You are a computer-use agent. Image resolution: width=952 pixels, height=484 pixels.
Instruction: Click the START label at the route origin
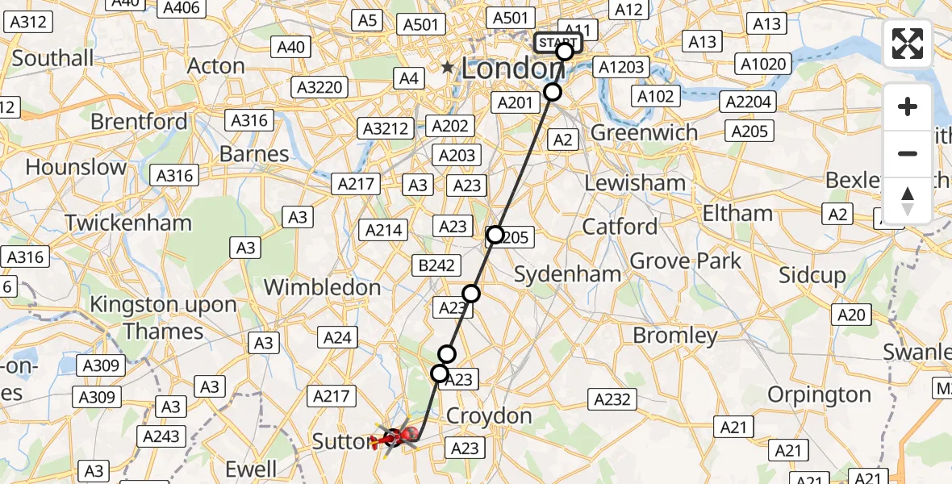(557, 43)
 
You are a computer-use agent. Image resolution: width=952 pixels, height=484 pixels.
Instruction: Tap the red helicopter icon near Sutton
(395, 439)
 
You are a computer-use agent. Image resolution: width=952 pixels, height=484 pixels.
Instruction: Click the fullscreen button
(908, 44)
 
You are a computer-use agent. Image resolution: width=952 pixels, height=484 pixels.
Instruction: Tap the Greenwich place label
(645, 132)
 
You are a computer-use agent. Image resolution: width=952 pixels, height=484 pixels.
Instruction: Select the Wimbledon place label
(322, 287)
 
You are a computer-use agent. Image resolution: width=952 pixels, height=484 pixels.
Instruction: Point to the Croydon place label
(489, 416)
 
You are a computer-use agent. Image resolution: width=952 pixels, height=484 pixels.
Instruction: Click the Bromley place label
(675, 335)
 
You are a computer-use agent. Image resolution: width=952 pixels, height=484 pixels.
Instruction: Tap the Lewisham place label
(635, 183)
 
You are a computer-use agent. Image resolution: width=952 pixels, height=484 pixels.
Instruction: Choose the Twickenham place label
(128, 223)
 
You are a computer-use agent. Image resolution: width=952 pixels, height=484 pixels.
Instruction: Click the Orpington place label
(819, 394)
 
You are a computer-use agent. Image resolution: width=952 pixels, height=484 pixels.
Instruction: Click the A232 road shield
(613, 398)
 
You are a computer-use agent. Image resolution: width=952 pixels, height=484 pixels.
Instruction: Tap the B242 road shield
(437, 265)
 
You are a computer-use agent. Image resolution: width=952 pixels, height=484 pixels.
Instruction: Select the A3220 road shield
(319, 87)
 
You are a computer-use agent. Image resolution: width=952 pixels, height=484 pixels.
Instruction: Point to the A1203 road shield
(623, 67)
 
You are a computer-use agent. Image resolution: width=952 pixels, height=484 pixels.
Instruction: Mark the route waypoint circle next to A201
(553, 92)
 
